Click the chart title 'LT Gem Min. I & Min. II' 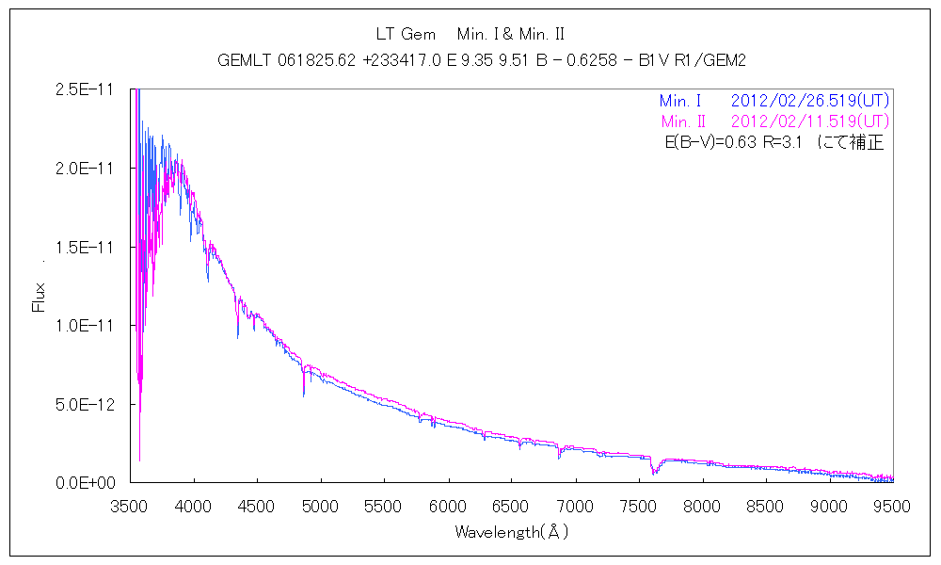[470, 35]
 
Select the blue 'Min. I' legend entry [680, 101]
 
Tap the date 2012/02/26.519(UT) [809, 101]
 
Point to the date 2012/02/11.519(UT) [809, 122]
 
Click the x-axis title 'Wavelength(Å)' [511, 532]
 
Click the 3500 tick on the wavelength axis [130, 506]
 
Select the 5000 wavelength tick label [320, 506]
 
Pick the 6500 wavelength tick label [511, 506]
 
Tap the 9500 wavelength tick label [891, 506]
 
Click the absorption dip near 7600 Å [654, 468]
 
